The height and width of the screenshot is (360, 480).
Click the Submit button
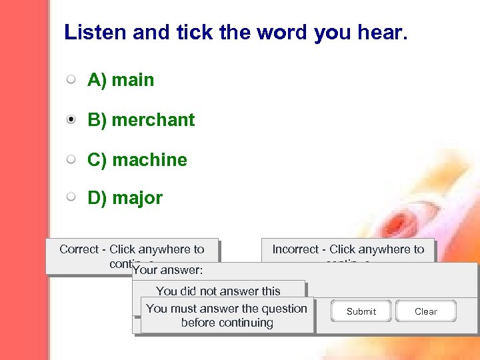click(361, 311)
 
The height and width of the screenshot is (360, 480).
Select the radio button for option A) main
click(71, 80)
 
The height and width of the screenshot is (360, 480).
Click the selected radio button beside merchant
click(71, 120)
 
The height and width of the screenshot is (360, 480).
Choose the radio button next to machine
click(71, 160)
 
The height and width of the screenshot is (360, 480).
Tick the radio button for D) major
click(71, 197)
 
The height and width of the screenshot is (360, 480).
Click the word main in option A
click(133, 80)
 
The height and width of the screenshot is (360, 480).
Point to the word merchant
click(153, 120)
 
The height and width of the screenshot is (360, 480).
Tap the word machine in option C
click(149, 160)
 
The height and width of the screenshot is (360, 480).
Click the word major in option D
click(137, 198)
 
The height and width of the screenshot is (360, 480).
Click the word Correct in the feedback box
click(79, 249)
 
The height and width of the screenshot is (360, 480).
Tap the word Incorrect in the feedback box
click(295, 249)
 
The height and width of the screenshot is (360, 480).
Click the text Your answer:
click(167, 270)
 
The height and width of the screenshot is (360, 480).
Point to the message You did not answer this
click(218, 291)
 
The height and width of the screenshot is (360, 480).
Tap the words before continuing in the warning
click(227, 323)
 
